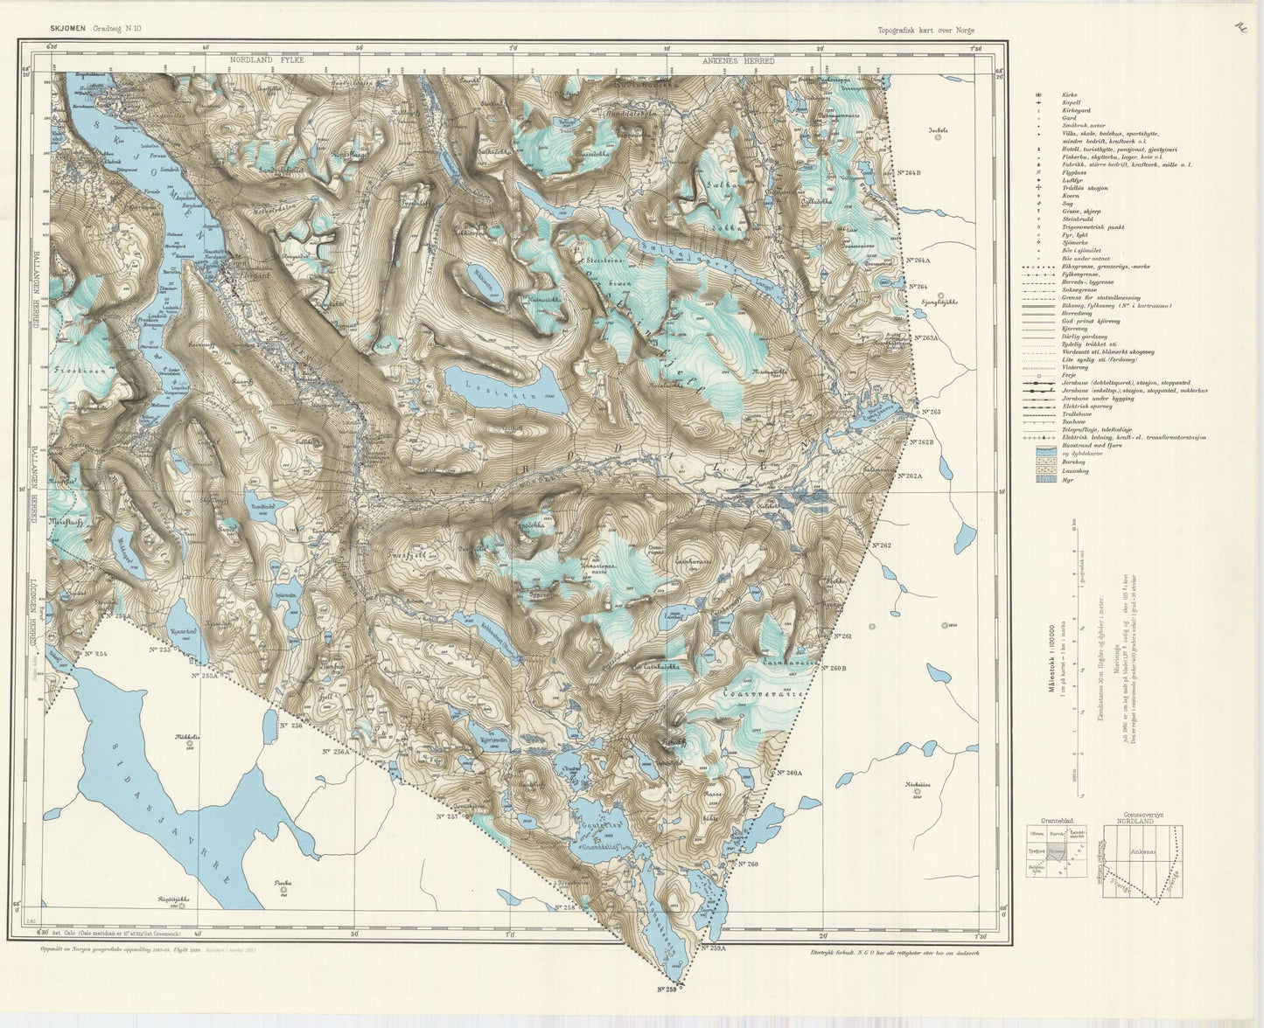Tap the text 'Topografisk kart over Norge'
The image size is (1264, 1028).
click(926, 31)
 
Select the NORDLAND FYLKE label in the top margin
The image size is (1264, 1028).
click(265, 61)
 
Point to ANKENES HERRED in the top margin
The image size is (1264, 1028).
click(738, 61)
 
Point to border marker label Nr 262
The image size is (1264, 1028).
click(881, 545)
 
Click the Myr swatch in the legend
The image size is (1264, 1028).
click(1045, 479)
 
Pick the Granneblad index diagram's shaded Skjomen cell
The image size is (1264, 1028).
click(1057, 851)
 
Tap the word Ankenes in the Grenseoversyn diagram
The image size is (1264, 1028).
click(1142, 851)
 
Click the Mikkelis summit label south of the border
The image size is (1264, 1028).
click(188, 737)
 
